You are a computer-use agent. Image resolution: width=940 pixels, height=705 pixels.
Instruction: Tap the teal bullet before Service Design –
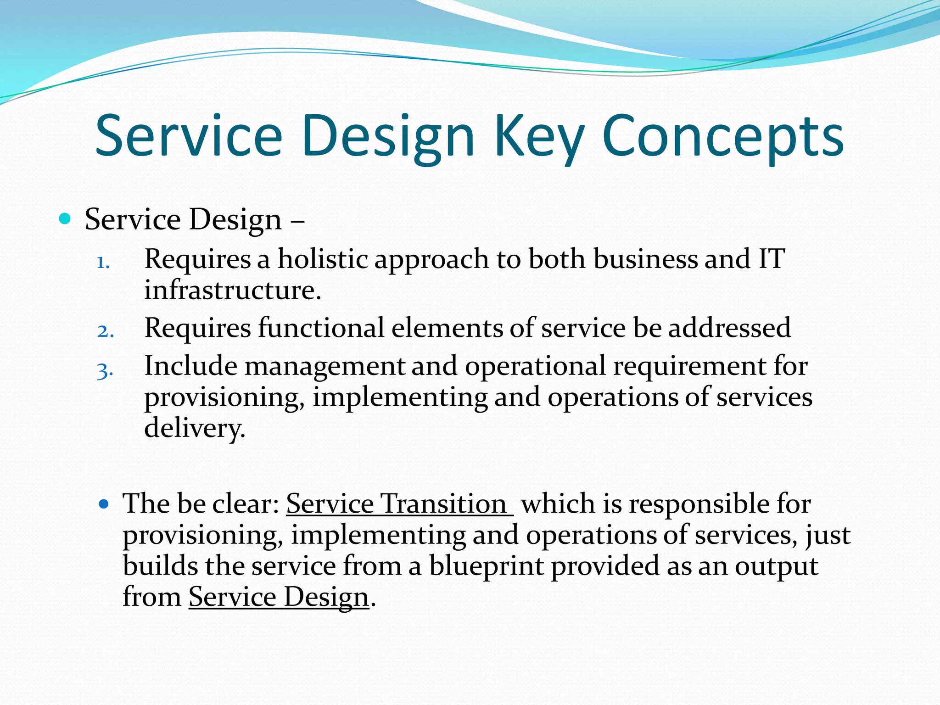tap(65, 218)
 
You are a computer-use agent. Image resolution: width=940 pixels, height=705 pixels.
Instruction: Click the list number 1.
tap(103, 263)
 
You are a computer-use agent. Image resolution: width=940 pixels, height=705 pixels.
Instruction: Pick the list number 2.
tap(105, 331)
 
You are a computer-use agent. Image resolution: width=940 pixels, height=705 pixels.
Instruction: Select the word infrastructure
tap(232, 290)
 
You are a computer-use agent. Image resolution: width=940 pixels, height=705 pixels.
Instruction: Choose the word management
tap(325, 366)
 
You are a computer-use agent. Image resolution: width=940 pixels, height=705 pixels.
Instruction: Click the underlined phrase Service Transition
tap(398, 504)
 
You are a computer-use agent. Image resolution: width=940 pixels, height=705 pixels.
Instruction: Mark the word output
tap(777, 566)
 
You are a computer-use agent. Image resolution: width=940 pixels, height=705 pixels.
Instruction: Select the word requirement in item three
tap(689, 366)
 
